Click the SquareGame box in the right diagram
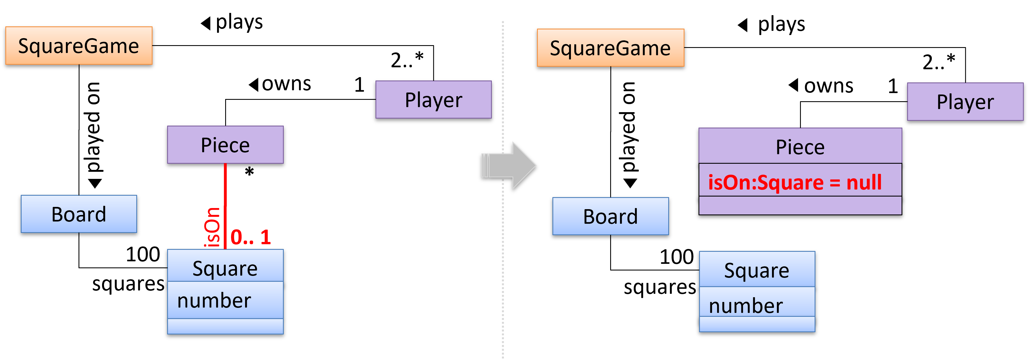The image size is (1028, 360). coord(610,48)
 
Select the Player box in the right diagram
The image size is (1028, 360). coord(965,102)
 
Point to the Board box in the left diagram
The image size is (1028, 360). coord(79,214)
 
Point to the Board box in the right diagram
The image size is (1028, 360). coord(610,216)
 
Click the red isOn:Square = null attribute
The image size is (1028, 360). coord(794,183)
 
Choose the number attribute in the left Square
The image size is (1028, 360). coord(214,300)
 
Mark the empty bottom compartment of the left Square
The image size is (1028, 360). coord(225,326)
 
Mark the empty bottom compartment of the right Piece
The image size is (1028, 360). coord(800,205)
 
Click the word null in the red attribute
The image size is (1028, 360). coord(864,183)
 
